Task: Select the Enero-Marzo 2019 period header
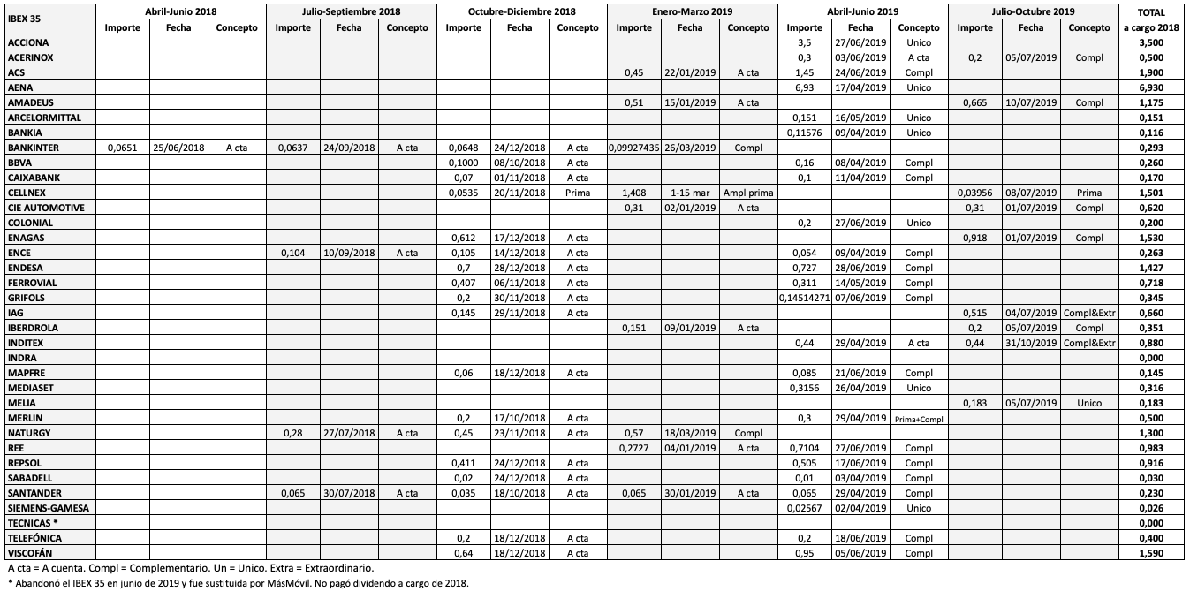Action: tap(692, 11)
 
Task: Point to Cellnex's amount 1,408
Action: tap(634, 193)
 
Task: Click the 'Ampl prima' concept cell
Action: tap(747, 193)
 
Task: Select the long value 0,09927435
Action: tap(634, 148)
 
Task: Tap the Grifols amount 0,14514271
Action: tap(805, 298)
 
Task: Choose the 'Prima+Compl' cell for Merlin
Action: tap(919, 418)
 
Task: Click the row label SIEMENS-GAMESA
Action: tap(49, 508)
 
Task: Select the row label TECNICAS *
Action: tap(32, 523)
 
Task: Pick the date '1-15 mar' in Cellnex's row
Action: tap(690, 193)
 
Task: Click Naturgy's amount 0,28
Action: tap(292, 433)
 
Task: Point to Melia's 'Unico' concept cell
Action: tap(1089, 403)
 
